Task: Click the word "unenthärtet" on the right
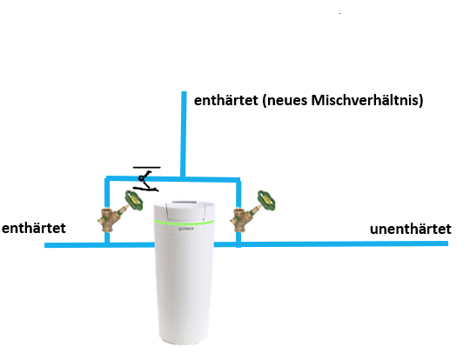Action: pos(410,229)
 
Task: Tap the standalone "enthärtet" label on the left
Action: pos(34,228)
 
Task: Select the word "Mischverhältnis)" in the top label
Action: pos(367,100)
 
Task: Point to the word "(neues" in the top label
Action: pos(285,101)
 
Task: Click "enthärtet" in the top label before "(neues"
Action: pos(226,100)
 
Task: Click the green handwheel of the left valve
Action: pos(134,200)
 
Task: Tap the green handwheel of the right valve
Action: pos(266,200)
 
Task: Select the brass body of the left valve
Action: pos(110,219)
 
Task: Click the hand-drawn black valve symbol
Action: pos(145,181)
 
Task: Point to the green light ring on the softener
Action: pos(184,222)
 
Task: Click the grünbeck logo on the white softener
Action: pos(186,229)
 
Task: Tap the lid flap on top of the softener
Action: pos(185,209)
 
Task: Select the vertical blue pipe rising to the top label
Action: pos(184,134)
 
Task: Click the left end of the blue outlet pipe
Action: pos(45,245)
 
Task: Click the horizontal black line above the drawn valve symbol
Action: pos(146,168)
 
